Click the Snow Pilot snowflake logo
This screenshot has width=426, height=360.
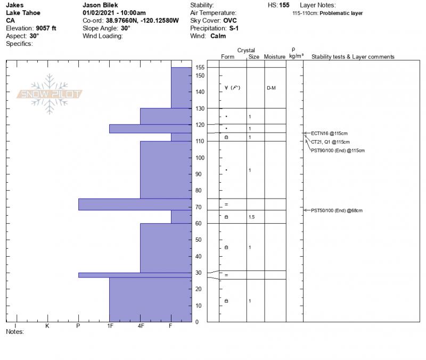pos(50,94)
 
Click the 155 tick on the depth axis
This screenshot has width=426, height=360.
pos(200,67)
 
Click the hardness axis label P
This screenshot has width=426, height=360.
pos(78,325)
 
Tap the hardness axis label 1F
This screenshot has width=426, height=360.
pos(110,325)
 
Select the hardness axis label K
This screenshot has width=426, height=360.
pos(47,325)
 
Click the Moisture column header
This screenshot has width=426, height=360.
pos(275,56)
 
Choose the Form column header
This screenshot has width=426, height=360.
pos(227,56)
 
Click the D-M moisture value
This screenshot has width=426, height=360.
pos(271,88)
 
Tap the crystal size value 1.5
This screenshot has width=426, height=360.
pos(252,217)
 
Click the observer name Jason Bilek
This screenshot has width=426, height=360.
pos(100,5)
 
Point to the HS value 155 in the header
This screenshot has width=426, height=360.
pos(285,5)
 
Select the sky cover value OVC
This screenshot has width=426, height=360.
pos(230,20)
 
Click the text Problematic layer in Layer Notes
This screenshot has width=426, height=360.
pos(341,13)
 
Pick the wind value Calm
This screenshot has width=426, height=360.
pos(217,36)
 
